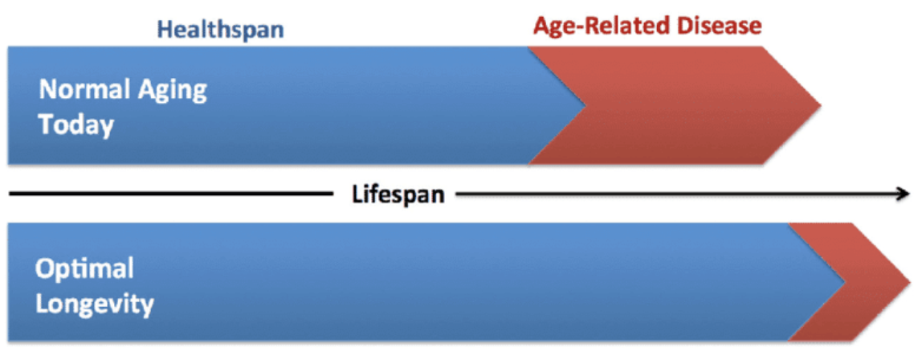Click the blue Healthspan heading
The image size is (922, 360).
221,30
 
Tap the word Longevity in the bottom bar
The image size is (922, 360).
94,305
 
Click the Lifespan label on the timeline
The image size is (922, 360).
398,194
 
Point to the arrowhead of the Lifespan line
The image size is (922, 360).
904,194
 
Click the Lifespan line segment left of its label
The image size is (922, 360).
170,194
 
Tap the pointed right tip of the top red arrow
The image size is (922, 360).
821,105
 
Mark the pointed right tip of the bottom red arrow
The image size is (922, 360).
910,282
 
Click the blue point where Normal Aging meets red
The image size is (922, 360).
585,105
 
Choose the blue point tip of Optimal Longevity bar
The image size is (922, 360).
845,282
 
